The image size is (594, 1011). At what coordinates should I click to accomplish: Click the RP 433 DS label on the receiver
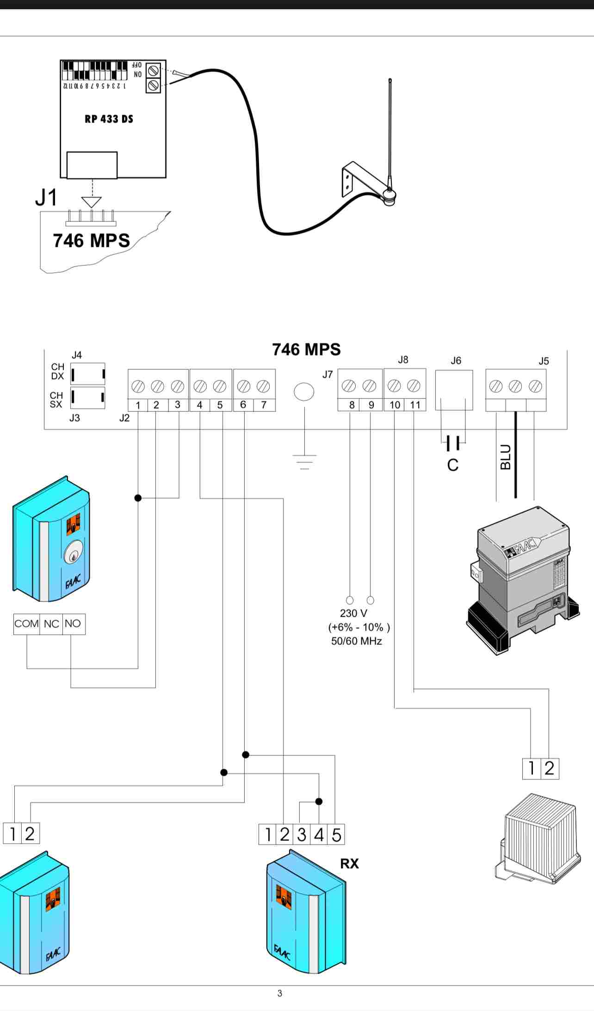coord(109,119)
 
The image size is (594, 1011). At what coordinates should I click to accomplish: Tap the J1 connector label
coord(46,197)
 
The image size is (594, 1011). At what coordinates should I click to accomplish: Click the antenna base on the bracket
coord(388,196)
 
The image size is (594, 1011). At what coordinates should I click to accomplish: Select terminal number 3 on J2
coord(178,404)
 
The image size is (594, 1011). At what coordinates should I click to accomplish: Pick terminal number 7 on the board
coord(264,404)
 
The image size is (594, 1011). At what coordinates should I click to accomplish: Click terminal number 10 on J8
coord(395,405)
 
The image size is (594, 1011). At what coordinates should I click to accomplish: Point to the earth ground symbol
coord(304,461)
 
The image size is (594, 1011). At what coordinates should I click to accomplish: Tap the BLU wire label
coord(506,457)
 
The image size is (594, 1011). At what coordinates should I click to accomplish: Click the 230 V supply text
coord(353,613)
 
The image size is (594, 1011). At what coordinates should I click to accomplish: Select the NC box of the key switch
coord(51,624)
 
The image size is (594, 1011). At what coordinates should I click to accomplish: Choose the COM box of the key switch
coord(26,624)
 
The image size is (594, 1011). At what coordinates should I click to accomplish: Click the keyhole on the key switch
coord(74,552)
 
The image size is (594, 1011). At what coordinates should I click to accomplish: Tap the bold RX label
coord(349,864)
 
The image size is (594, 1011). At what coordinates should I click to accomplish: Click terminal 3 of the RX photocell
coord(302,834)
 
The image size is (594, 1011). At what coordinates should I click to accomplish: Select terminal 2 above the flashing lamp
coord(549,768)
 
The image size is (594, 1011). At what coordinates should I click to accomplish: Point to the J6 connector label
coord(456,361)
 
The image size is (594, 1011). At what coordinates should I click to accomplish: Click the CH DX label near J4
coord(57,372)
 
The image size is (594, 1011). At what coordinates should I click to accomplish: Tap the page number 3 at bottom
coord(279,993)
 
